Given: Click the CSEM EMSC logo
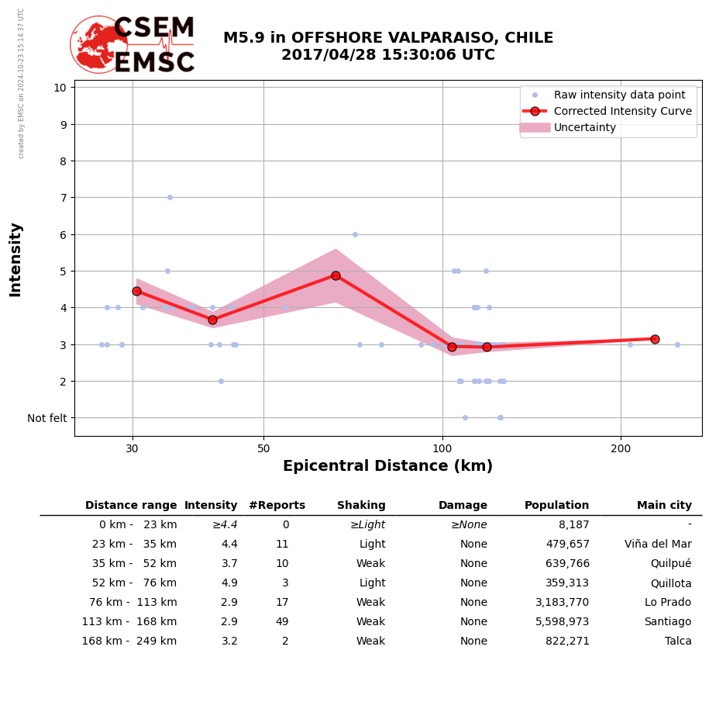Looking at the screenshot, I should click(133, 44).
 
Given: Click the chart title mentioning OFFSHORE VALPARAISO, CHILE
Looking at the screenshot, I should click(387, 47).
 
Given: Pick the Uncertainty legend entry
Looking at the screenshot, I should click(584, 127).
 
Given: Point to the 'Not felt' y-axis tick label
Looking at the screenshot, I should click(47, 418).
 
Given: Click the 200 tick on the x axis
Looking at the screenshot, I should click(621, 448).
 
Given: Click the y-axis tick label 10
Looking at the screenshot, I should click(59, 87).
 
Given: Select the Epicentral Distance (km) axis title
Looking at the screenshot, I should click(387, 466).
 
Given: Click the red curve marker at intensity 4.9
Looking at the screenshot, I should click(336, 275).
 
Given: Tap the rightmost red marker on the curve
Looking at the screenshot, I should click(655, 339).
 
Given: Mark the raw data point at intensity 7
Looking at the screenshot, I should click(170, 197).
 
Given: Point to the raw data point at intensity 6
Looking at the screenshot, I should click(355, 234).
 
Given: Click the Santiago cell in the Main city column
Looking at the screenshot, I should click(667, 622).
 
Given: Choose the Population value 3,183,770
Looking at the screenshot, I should click(559, 603).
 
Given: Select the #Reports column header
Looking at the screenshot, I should click(277, 506).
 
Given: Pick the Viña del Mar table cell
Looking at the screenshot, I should click(658, 545).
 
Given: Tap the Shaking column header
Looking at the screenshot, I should click(361, 506).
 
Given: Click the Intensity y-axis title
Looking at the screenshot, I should click(15, 259).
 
